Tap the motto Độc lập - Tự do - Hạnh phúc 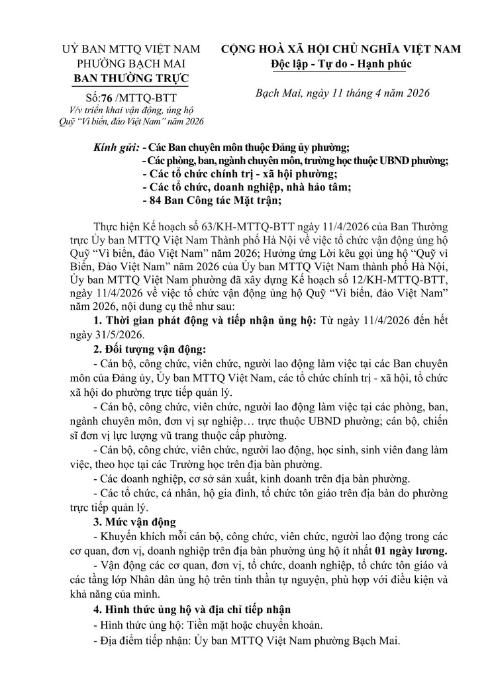click(341, 64)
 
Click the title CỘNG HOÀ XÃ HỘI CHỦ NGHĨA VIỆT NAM click(341, 50)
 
